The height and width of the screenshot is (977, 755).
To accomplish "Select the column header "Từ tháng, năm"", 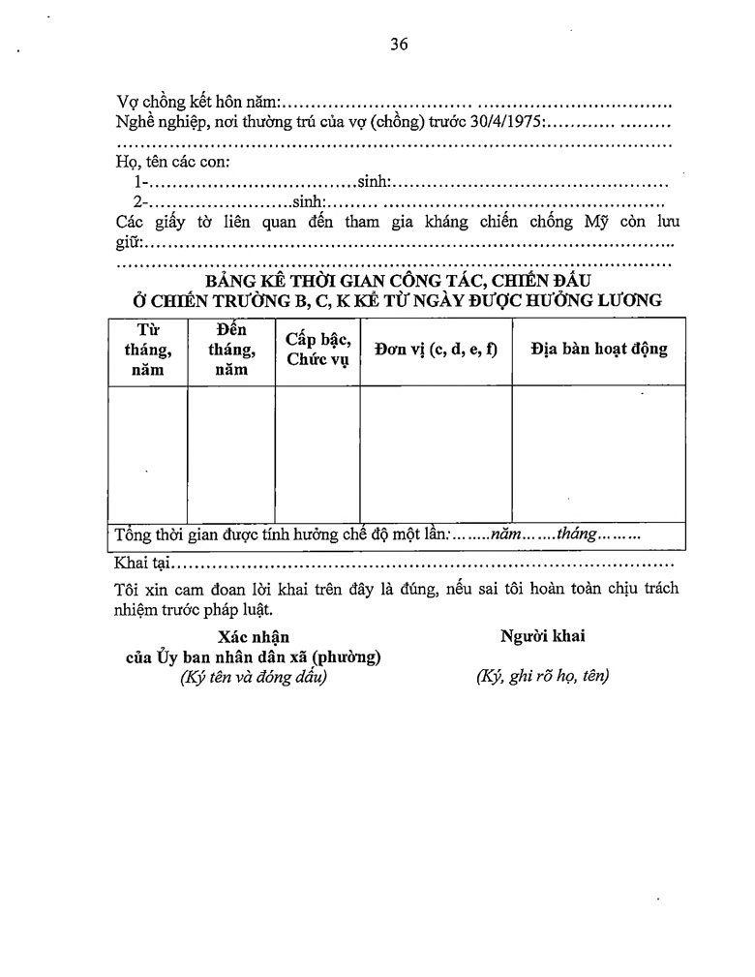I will [x=148, y=350].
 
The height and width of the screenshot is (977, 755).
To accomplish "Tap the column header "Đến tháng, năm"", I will [x=231, y=350].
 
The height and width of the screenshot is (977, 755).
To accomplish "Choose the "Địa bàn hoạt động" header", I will [x=599, y=350].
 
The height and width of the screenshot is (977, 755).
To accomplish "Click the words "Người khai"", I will [x=542, y=636].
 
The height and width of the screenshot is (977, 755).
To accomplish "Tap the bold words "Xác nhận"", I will [x=254, y=637].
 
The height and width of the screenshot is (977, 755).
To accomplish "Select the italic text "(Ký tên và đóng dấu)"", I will [x=254, y=677].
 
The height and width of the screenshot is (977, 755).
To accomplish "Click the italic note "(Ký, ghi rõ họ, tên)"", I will [x=542, y=677].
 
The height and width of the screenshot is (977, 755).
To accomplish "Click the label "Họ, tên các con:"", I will [x=172, y=163].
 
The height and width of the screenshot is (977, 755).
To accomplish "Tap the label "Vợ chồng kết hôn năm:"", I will [x=198, y=103].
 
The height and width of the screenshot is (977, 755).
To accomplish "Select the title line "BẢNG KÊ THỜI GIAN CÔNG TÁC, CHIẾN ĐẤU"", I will [x=397, y=282].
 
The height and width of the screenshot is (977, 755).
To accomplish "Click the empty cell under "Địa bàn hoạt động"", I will [x=599, y=453].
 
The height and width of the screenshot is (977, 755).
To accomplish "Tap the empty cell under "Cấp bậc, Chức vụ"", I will [x=317, y=453].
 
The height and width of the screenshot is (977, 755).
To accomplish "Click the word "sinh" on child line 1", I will [x=373, y=182].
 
